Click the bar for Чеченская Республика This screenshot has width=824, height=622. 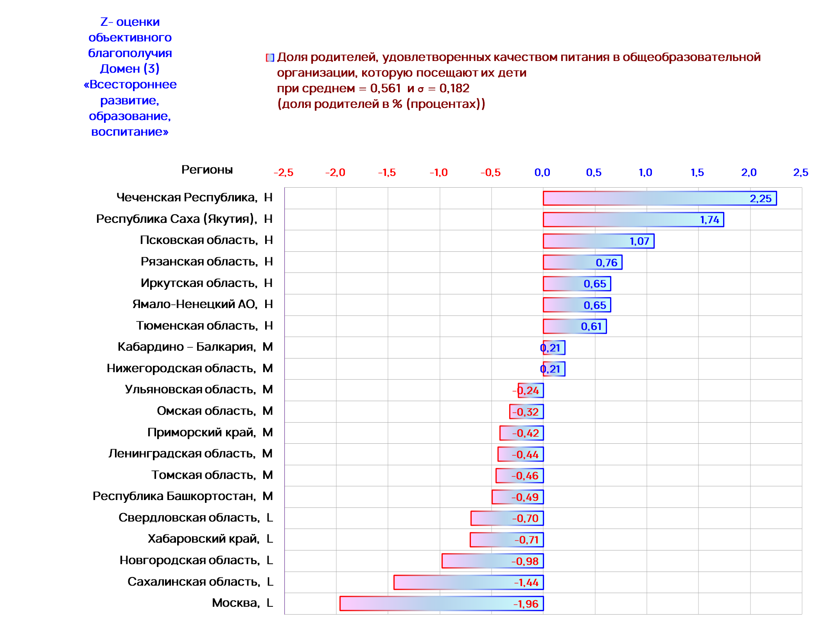[659, 198]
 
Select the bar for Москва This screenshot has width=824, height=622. [441, 603]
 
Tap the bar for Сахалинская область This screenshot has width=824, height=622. [468, 582]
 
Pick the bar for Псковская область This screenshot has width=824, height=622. [598, 241]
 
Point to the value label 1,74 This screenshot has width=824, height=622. [709, 220]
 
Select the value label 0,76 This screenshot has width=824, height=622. [606, 262]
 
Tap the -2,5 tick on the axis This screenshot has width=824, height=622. [284, 172]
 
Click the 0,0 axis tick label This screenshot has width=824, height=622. [542, 172]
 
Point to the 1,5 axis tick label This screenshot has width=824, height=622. [697, 172]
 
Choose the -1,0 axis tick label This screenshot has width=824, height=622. [438, 172]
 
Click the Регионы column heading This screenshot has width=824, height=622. [207, 170]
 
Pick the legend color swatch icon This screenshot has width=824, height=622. [270, 58]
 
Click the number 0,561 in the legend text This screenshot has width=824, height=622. [385, 88]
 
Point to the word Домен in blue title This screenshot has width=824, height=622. [120, 69]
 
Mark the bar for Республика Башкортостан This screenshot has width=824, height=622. [517, 497]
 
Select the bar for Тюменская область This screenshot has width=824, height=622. [574, 326]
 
